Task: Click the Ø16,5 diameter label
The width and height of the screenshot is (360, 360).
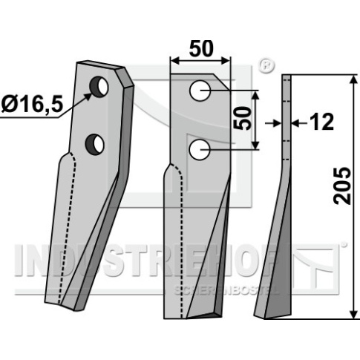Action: point(32,105)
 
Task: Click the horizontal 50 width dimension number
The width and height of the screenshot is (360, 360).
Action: point(201,49)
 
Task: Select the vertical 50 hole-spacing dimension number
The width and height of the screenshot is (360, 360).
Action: point(242,118)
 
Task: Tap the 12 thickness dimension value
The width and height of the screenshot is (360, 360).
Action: point(321,122)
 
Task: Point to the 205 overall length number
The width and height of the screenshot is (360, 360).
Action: point(342,186)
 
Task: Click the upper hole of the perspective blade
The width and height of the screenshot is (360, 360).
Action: point(99,86)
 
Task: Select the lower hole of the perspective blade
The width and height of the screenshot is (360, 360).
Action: point(94,144)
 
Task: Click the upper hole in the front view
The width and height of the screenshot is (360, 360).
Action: point(200,91)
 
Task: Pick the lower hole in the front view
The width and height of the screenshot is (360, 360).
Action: point(200,149)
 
